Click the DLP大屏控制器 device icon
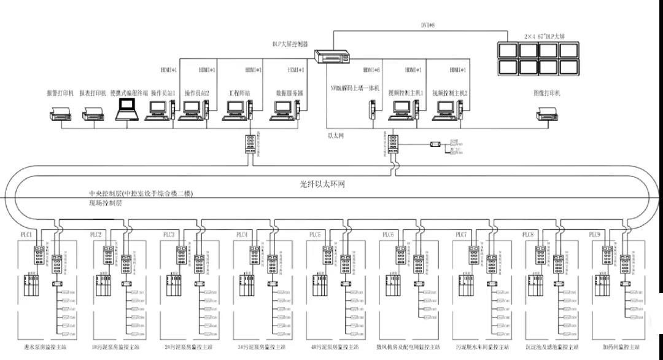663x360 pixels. [x=331, y=56]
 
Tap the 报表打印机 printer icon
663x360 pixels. [x=93, y=112]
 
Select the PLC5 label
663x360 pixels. [x=315, y=235]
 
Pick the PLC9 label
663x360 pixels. [x=594, y=235]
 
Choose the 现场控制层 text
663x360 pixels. [x=105, y=202]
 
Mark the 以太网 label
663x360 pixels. [x=336, y=134]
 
